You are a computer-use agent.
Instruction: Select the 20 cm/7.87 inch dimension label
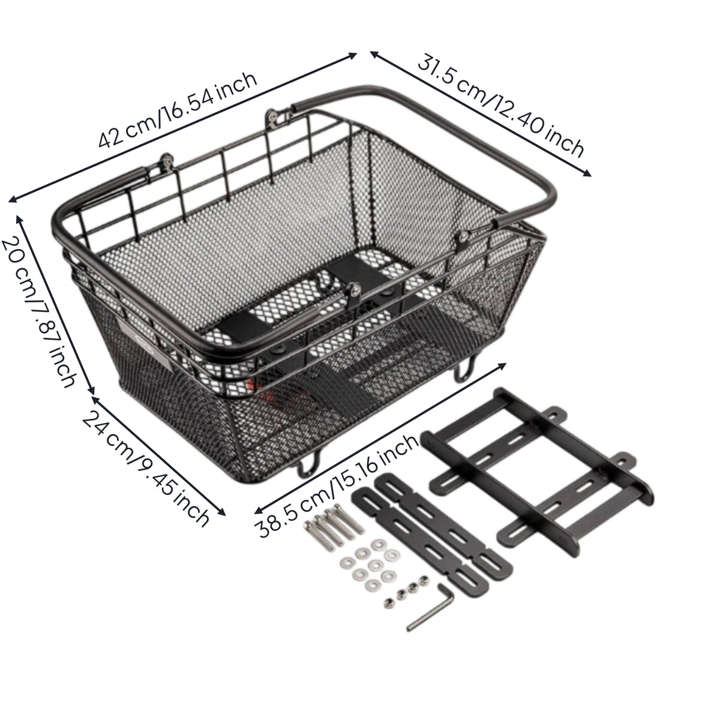click(38, 313)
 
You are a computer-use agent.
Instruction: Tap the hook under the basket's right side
click(465, 369)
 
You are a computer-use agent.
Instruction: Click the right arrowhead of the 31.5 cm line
click(587, 173)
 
